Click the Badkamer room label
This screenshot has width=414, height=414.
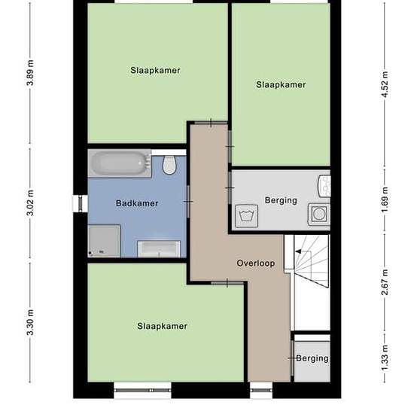click(x=137, y=203)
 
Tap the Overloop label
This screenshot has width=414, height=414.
click(x=256, y=263)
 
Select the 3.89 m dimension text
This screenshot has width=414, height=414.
click(x=30, y=73)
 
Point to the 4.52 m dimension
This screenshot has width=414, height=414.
click(x=385, y=84)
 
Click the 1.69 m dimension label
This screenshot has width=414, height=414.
click(x=385, y=199)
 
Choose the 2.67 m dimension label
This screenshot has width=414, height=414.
click(x=385, y=282)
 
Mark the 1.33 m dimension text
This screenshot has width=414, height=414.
click(x=385, y=358)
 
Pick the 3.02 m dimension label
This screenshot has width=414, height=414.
click(x=30, y=202)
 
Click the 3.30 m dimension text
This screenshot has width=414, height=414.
click(x=30, y=322)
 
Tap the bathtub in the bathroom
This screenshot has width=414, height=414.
click(x=120, y=163)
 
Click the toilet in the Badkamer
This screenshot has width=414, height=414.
click(x=169, y=165)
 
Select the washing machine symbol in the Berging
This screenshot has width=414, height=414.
click(x=247, y=216)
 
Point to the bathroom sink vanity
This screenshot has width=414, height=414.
click(x=159, y=248)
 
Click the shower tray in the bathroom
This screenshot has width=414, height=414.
click(x=104, y=241)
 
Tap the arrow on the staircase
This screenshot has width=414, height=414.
click(x=298, y=251)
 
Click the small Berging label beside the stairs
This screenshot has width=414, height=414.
click(x=312, y=358)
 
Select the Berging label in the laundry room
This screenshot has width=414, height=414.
click(x=281, y=200)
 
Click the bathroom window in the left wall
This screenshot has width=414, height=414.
click(x=81, y=203)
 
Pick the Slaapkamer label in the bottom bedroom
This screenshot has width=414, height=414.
click(x=162, y=326)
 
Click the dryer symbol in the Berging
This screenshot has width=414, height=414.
click(x=319, y=214)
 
